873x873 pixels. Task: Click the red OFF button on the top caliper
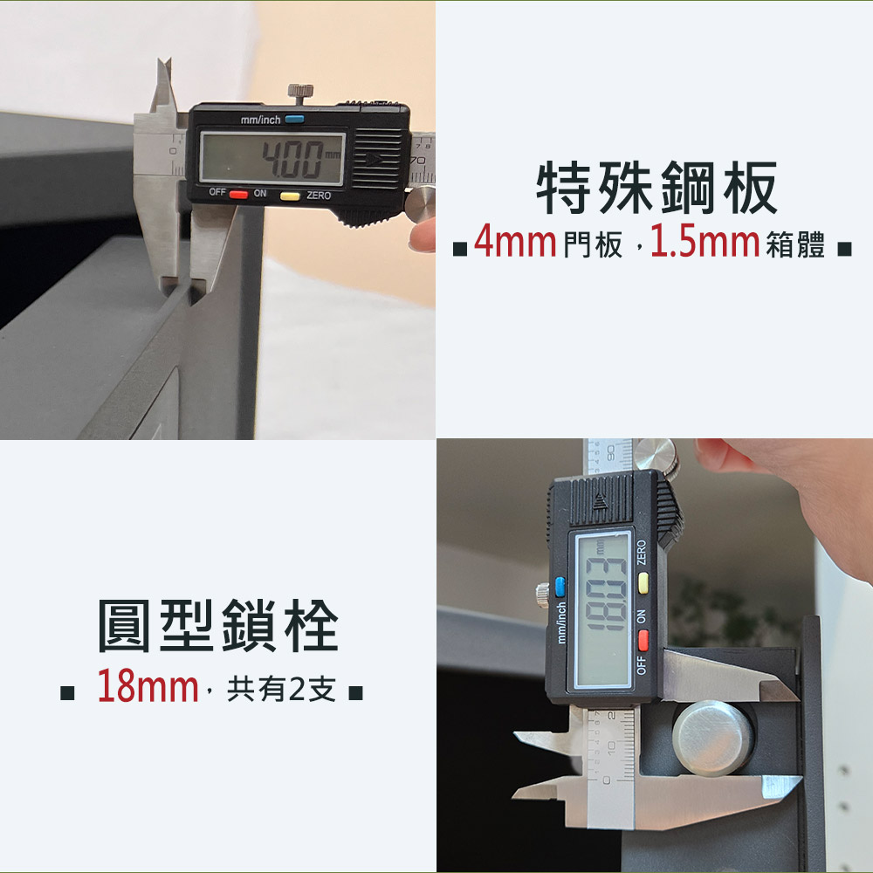coord(238,195)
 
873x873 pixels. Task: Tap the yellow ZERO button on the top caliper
coord(290,196)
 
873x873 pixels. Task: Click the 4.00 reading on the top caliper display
coord(292,159)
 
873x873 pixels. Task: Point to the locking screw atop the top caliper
coord(300,93)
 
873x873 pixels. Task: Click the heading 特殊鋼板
coord(656,188)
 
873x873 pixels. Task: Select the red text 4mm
coord(515,241)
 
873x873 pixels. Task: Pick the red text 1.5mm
coord(705,241)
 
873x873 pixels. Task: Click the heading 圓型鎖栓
coord(217,626)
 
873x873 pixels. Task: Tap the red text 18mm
coord(148,686)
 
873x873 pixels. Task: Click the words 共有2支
coord(281,689)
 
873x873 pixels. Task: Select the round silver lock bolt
coord(712,739)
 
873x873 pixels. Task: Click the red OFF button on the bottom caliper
coord(643,640)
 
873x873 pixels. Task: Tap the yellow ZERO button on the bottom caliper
coord(643,583)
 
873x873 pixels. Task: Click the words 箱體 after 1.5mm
coord(795,244)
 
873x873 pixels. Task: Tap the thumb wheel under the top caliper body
coord(421,204)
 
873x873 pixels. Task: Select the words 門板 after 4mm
coord(593,244)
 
